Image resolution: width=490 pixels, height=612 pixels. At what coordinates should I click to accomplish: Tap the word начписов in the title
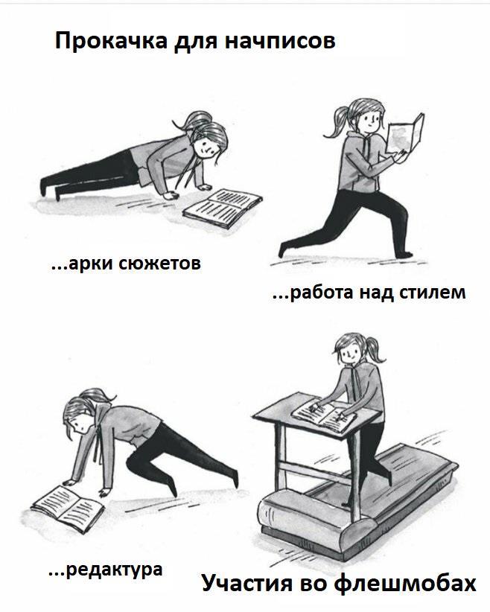click(280, 41)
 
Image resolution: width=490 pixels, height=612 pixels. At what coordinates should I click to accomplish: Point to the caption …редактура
click(106, 570)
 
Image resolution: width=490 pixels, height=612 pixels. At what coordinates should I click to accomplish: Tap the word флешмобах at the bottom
click(405, 583)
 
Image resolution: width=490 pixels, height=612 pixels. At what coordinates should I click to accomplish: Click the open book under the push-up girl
click(222, 208)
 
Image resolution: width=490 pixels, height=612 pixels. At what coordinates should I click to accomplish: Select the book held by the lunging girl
click(406, 133)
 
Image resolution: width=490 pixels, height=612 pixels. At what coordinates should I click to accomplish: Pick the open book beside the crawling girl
click(67, 504)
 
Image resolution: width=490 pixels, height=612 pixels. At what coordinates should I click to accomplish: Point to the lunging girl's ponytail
click(336, 122)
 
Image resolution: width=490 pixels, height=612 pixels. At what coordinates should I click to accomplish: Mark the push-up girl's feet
click(50, 188)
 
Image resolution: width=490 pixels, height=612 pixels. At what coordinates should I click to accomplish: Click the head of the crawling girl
click(82, 414)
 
